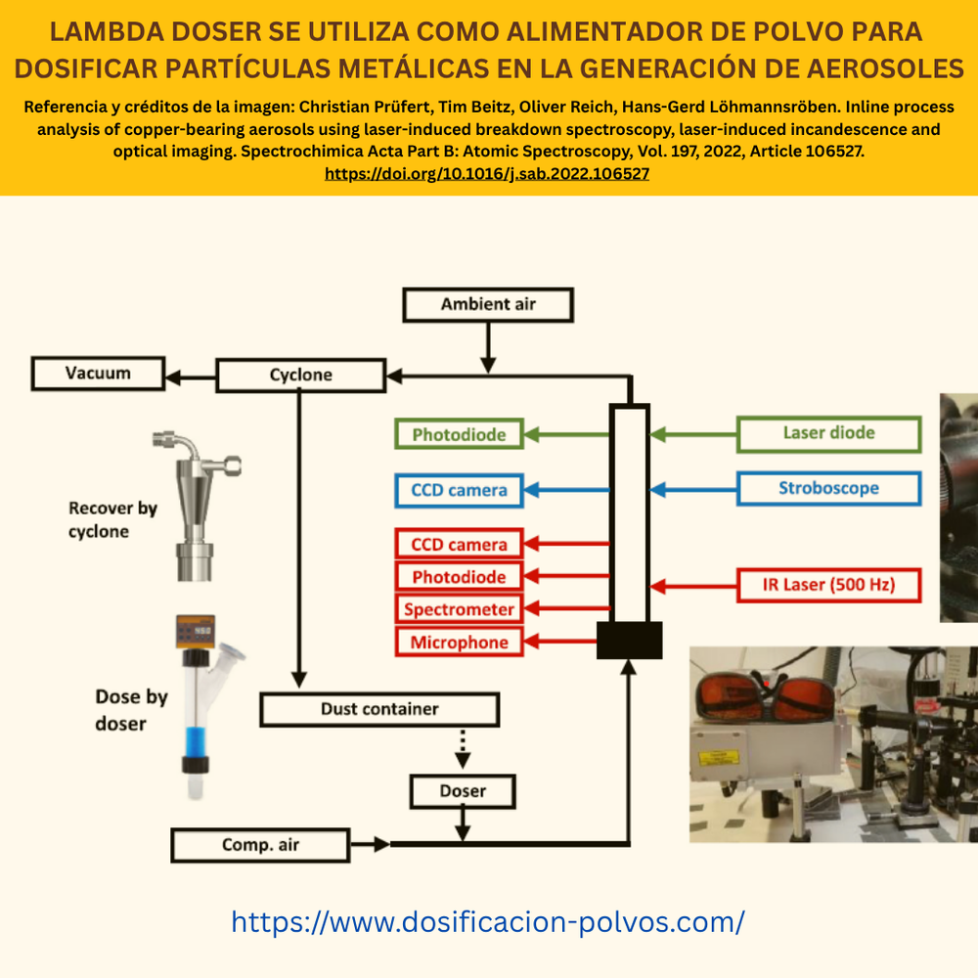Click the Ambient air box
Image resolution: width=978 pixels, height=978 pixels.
(x=488, y=304)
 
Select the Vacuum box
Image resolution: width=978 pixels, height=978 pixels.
(x=98, y=373)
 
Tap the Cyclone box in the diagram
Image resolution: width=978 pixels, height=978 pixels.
(x=300, y=375)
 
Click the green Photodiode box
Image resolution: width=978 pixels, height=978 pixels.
(x=459, y=434)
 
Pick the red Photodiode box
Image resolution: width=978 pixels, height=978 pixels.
(x=459, y=576)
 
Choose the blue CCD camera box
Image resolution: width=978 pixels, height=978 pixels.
(x=459, y=490)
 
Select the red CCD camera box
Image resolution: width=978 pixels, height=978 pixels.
(x=459, y=544)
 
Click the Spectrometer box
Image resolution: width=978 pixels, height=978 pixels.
(x=459, y=608)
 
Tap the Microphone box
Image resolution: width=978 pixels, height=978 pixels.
(x=459, y=642)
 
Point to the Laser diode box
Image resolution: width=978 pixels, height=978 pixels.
(x=829, y=433)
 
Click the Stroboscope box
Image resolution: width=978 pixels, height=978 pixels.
(x=829, y=488)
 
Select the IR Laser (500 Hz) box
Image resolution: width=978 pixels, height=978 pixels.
(x=829, y=585)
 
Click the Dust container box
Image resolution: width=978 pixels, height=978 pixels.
(x=379, y=709)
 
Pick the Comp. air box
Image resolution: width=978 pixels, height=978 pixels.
(x=260, y=845)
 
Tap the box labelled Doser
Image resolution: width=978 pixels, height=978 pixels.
(x=463, y=791)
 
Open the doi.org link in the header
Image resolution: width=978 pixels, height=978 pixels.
(x=486, y=173)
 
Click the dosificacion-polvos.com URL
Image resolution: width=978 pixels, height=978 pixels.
(x=488, y=922)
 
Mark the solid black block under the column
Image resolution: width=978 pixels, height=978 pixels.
(x=629, y=640)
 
